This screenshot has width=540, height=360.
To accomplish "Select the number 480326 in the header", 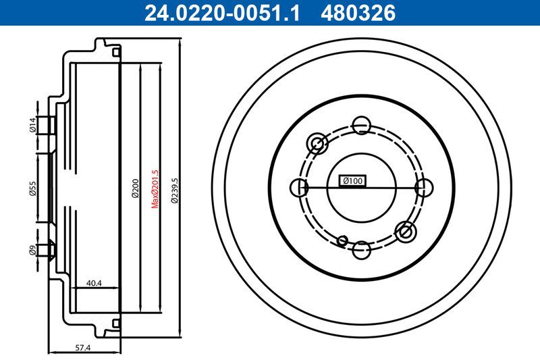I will [x=357, y=13].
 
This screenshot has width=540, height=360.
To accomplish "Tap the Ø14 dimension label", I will [x=32, y=125].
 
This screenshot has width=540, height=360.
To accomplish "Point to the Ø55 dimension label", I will [x=32, y=188].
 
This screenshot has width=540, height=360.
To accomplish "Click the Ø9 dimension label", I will [x=32, y=250].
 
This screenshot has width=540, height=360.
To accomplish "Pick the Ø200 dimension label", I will [x=135, y=188].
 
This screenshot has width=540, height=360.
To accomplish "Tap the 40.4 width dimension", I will [x=94, y=284].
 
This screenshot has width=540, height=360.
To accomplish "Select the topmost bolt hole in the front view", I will [x=361, y=124].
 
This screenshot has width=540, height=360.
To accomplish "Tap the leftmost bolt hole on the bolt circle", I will [x=298, y=187].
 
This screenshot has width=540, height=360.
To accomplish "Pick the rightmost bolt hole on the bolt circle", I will [x=424, y=187].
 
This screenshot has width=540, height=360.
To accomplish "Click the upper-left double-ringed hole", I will [x=317, y=143].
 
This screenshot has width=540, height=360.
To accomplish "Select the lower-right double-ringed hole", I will [x=406, y=232].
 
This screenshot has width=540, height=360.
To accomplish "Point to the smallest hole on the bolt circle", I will [x=343, y=239].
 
